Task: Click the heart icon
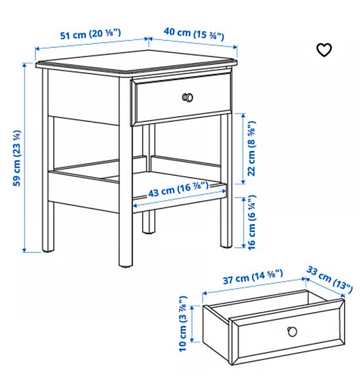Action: point(324,50)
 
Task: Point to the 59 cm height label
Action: point(16,158)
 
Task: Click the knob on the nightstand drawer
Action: point(188,97)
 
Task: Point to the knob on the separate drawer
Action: point(289,330)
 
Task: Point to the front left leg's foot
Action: point(47,250)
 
